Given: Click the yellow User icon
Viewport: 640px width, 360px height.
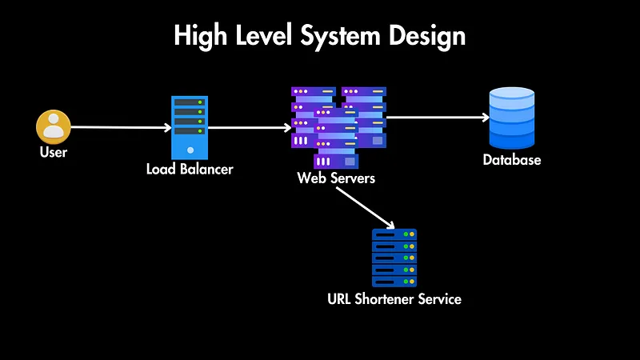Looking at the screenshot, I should [54, 127].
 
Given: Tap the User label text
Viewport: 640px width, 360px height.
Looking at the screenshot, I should [54, 152].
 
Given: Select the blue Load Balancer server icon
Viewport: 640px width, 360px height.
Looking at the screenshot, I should [190, 128].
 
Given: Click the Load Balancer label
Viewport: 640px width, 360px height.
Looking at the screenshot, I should [190, 170].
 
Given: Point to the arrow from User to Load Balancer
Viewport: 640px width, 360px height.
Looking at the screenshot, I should [120, 127].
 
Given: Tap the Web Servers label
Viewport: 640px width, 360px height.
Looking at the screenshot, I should [336, 178].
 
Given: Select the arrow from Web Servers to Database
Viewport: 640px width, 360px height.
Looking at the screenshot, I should [437, 118].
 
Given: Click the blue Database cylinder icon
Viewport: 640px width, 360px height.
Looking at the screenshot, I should [512, 118].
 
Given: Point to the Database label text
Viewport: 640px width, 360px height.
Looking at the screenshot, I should [512, 160].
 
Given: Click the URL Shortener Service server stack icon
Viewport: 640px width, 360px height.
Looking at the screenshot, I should [394, 258].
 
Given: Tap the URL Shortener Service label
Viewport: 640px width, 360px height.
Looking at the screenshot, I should [394, 300].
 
